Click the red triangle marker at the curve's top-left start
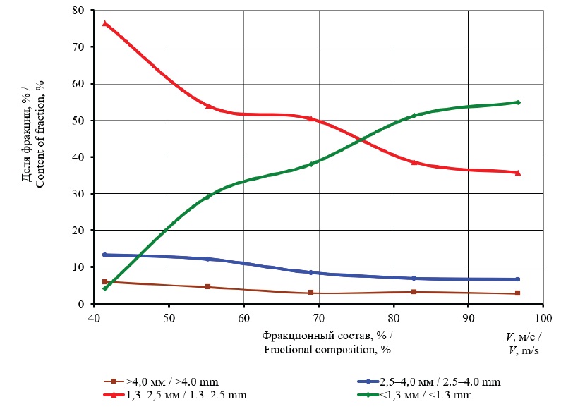point(105,23)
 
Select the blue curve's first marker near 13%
point(105,255)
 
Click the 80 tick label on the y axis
point(81,11)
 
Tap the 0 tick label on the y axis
point(84,304)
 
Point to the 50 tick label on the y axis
point(81,121)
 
